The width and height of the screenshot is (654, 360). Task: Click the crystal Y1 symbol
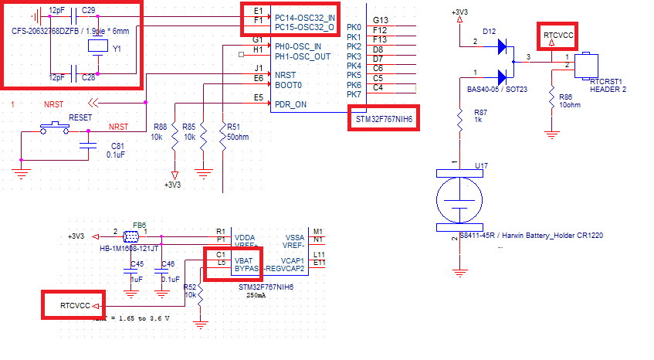click(x=97, y=46)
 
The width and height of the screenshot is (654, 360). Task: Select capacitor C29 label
click(x=89, y=9)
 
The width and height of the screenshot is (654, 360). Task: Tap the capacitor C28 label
click(x=88, y=77)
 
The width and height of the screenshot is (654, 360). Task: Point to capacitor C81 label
click(x=117, y=145)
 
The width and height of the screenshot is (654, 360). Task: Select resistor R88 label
click(x=161, y=127)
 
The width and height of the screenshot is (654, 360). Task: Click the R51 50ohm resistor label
click(x=232, y=131)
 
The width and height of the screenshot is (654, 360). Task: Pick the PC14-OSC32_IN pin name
click(x=304, y=17)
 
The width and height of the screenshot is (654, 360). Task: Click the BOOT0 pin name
click(x=288, y=85)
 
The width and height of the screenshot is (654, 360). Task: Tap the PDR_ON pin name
click(x=290, y=105)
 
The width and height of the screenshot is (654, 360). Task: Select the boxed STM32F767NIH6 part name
click(x=382, y=120)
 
